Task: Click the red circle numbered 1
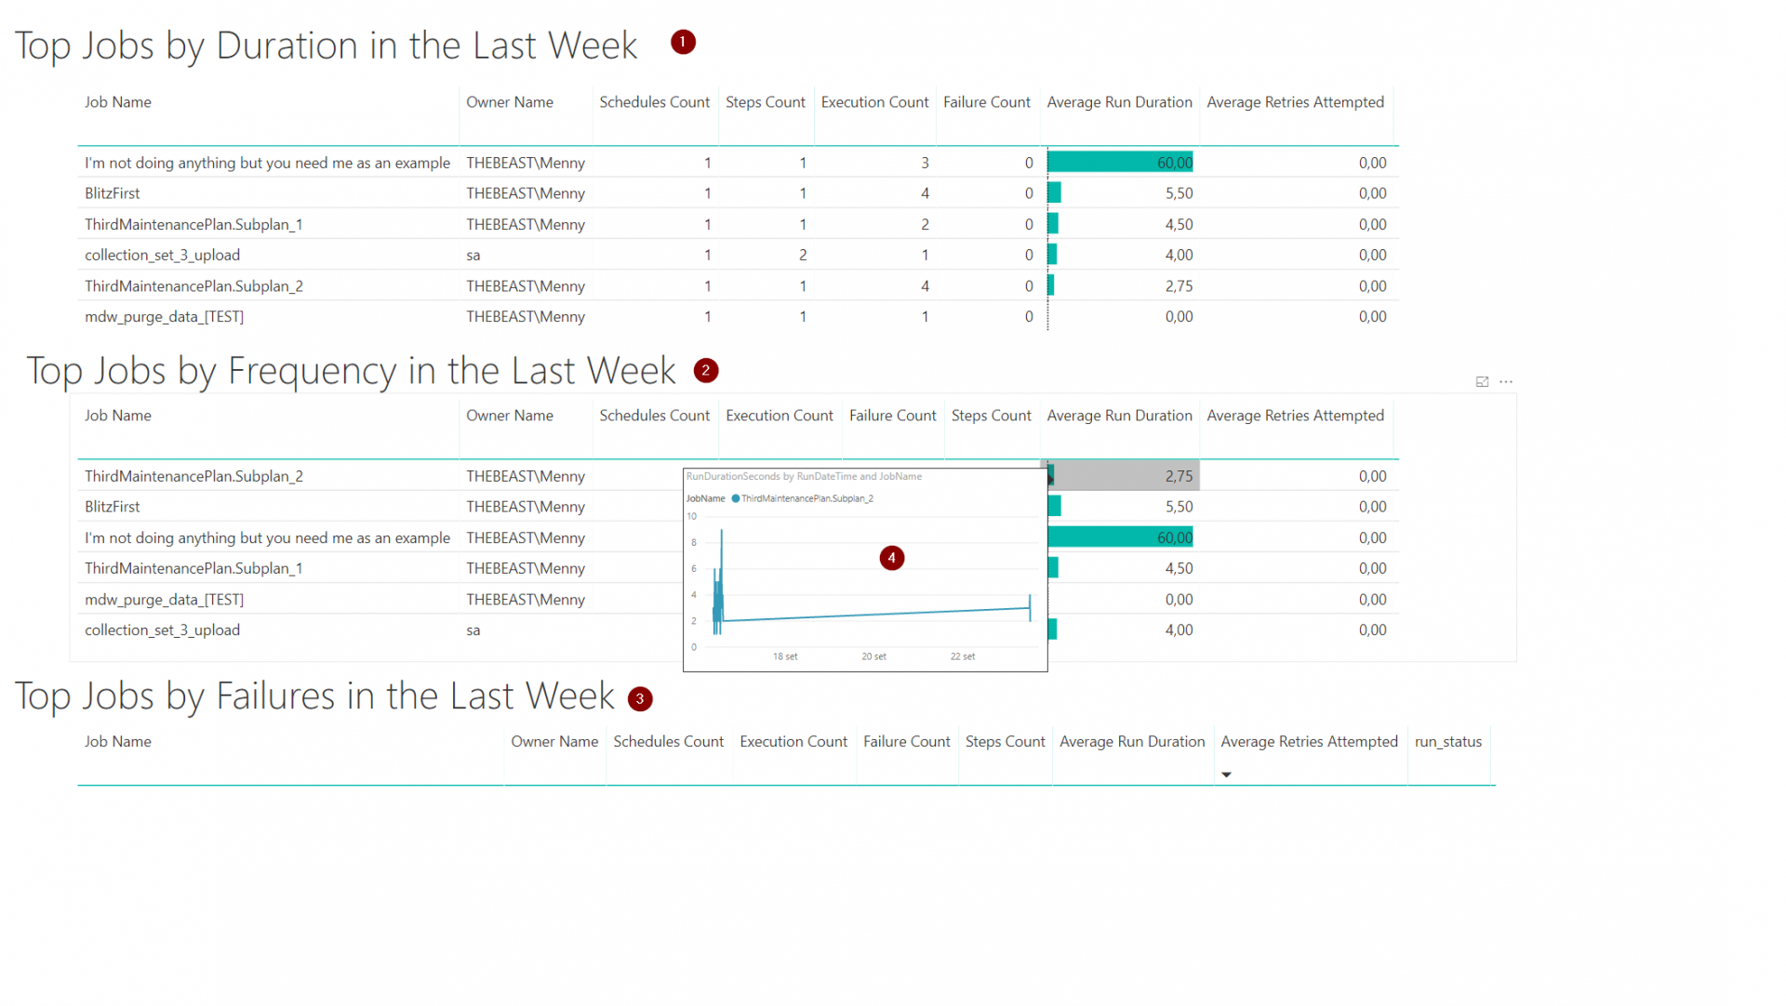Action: pyautogui.click(x=683, y=42)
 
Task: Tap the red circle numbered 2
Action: pyautogui.click(x=706, y=370)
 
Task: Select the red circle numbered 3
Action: pyautogui.click(x=640, y=698)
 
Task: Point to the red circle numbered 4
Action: pyautogui.click(x=891, y=558)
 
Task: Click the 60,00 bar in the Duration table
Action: pyautogui.click(x=1120, y=163)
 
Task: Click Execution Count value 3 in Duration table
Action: pyautogui.click(x=925, y=163)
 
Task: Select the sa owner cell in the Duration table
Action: pyautogui.click(x=473, y=255)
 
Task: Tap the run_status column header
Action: pyautogui.click(x=1447, y=741)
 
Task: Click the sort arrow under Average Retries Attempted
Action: pyautogui.click(x=1226, y=774)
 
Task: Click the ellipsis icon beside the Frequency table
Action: pyautogui.click(x=1506, y=382)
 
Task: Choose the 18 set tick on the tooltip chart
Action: pyautogui.click(x=784, y=656)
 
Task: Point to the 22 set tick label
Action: pyautogui.click(x=962, y=656)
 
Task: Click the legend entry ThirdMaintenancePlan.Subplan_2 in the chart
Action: pyautogui.click(x=806, y=498)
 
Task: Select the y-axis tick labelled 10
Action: pyautogui.click(x=691, y=516)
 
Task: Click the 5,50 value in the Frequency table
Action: pyautogui.click(x=1178, y=507)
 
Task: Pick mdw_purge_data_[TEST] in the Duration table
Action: pyautogui.click(x=164, y=317)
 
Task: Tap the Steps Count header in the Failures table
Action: pyautogui.click(x=1005, y=741)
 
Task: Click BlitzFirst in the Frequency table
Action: pyautogui.click(x=113, y=507)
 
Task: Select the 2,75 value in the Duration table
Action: pyautogui.click(x=1178, y=286)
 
